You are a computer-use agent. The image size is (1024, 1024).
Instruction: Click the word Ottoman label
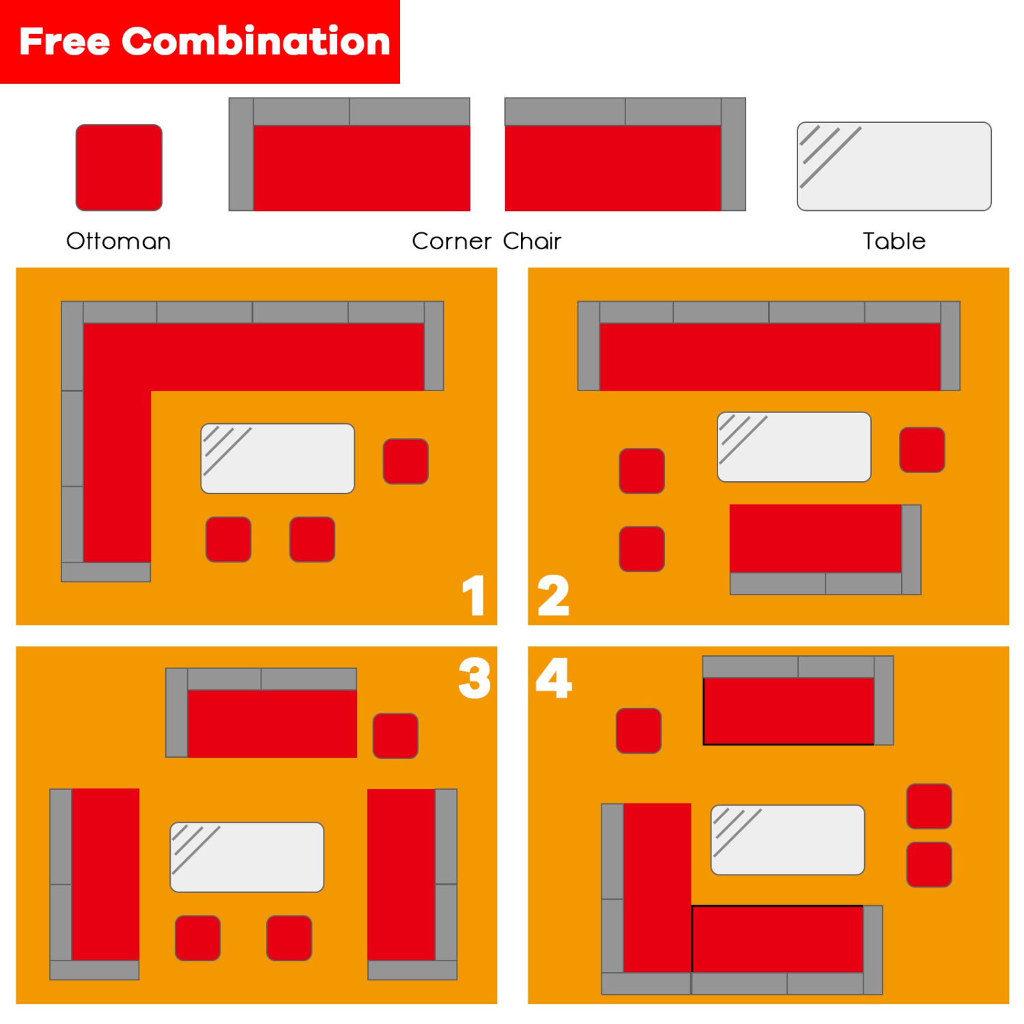point(118,241)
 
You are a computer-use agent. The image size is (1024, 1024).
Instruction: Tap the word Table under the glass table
point(894,241)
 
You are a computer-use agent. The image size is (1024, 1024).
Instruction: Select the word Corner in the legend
point(451,241)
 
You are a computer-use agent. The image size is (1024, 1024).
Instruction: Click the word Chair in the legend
point(532,241)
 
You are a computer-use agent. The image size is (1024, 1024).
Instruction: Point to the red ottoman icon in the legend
point(119,167)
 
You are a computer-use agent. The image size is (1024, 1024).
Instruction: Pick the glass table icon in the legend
point(894,167)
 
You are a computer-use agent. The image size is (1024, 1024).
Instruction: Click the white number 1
point(474,595)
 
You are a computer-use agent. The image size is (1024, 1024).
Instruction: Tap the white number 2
point(553,595)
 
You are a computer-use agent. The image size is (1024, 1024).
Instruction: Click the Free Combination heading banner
point(200,42)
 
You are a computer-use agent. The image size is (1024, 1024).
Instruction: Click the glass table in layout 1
point(277,458)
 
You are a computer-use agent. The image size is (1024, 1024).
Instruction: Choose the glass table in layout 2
point(794,447)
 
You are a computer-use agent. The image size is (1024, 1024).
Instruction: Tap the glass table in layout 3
point(246,857)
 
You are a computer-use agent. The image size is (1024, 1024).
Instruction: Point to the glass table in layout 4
point(787,840)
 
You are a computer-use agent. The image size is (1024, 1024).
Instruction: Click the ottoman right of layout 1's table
point(406,461)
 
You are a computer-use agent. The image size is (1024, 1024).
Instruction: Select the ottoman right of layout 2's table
point(922,450)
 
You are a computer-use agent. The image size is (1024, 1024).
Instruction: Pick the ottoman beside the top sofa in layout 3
point(395,735)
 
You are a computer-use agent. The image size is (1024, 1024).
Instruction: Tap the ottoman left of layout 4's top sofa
point(638,730)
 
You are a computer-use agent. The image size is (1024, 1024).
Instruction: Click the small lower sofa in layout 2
point(825,549)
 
